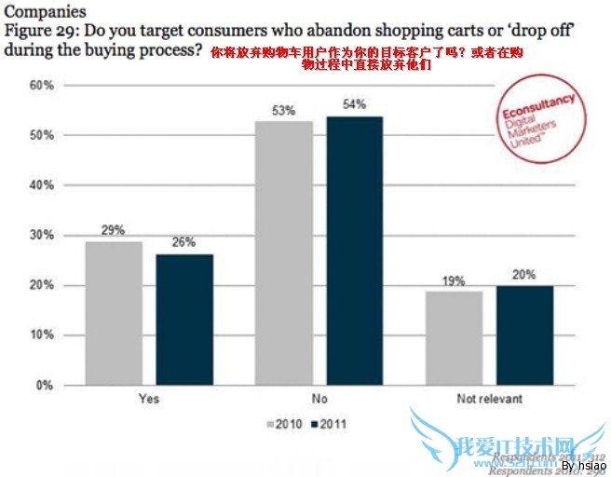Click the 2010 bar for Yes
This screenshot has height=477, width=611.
click(x=114, y=312)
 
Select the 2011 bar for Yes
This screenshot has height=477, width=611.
click(x=183, y=320)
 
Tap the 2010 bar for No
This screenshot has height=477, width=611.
click(x=284, y=252)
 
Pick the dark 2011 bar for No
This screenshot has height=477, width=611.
click(x=354, y=250)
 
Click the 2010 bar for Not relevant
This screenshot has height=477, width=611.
click(x=454, y=337)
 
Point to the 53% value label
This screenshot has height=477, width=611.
click(x=284, y=111)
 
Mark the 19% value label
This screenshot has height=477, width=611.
click(x=454, y=280)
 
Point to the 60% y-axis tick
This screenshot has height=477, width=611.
click(x=41, y=86)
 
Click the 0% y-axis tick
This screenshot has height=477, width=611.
click(x=45, y=385)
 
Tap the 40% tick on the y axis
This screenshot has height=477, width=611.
click(x=41, y=185)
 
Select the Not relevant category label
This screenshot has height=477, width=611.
click(x=489, y=399)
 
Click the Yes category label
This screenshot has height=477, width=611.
click(x=148, y=399)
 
